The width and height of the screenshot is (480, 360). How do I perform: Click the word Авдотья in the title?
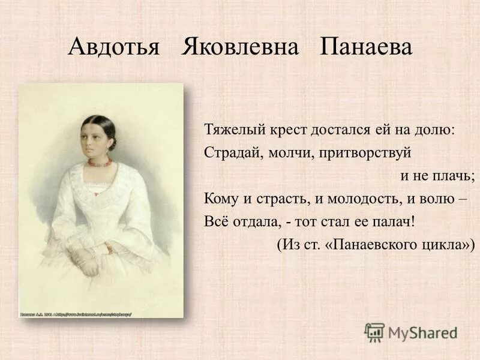click(113, 47)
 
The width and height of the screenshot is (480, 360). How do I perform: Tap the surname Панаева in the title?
click(367, 47)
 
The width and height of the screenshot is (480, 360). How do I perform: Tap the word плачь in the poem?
click(457, 175)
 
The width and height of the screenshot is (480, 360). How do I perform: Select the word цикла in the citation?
click(450, 245)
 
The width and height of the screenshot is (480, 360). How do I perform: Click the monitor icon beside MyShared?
click(374, 332)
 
